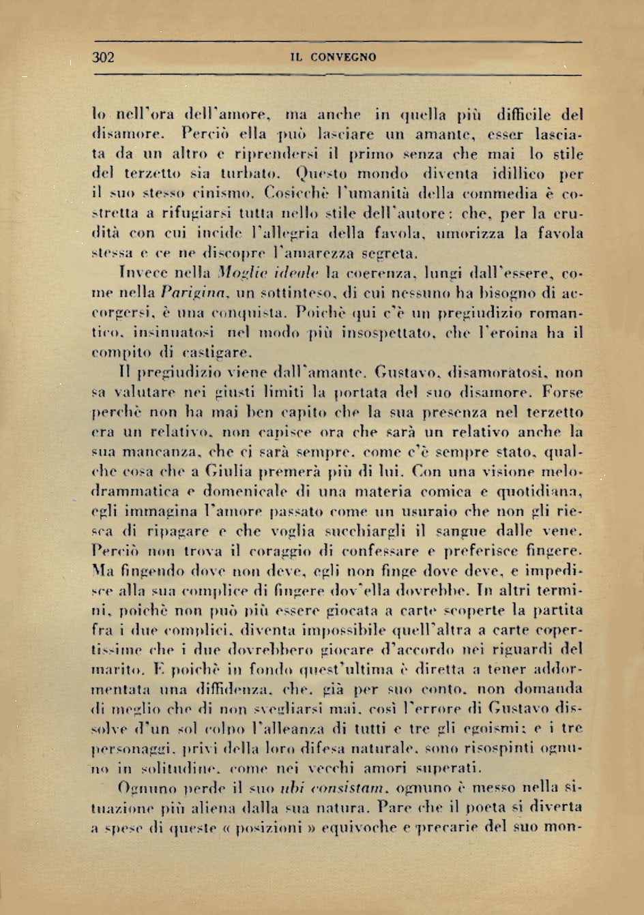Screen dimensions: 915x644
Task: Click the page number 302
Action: click(x=103, y=57)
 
